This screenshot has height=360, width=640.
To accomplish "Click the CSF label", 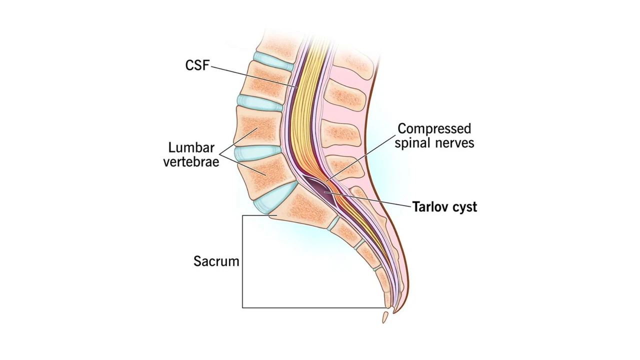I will pos(197,65).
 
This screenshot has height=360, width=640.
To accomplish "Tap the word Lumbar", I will pos(191,148).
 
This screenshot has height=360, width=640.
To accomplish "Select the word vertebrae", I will pos(191,162).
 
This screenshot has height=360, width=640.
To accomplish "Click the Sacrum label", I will pos(216,261).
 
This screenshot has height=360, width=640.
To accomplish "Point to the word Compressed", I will pos(434,129).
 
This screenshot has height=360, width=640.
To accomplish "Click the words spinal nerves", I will pos(434,143).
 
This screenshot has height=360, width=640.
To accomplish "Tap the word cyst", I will pos(464,207).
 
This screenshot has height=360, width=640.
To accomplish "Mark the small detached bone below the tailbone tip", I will pos(384,317).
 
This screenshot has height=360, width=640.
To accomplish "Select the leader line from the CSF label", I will pos(250,75).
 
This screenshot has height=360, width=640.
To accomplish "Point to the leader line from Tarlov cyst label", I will pos(370,199).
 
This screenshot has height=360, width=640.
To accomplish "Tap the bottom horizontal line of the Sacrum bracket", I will pos(310,307).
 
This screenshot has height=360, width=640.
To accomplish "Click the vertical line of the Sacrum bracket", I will pos(242,260).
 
